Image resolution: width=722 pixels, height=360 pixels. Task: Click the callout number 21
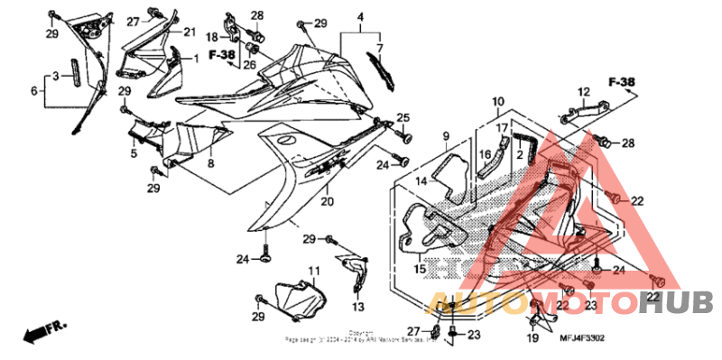tap(190, 32)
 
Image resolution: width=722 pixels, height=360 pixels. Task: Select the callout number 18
tap(213, 37)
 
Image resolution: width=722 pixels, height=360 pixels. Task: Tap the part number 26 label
tap(249, 63)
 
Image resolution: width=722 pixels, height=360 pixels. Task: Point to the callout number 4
tap(359, 18)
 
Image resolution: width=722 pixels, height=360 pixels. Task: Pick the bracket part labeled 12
tap(579, 111)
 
